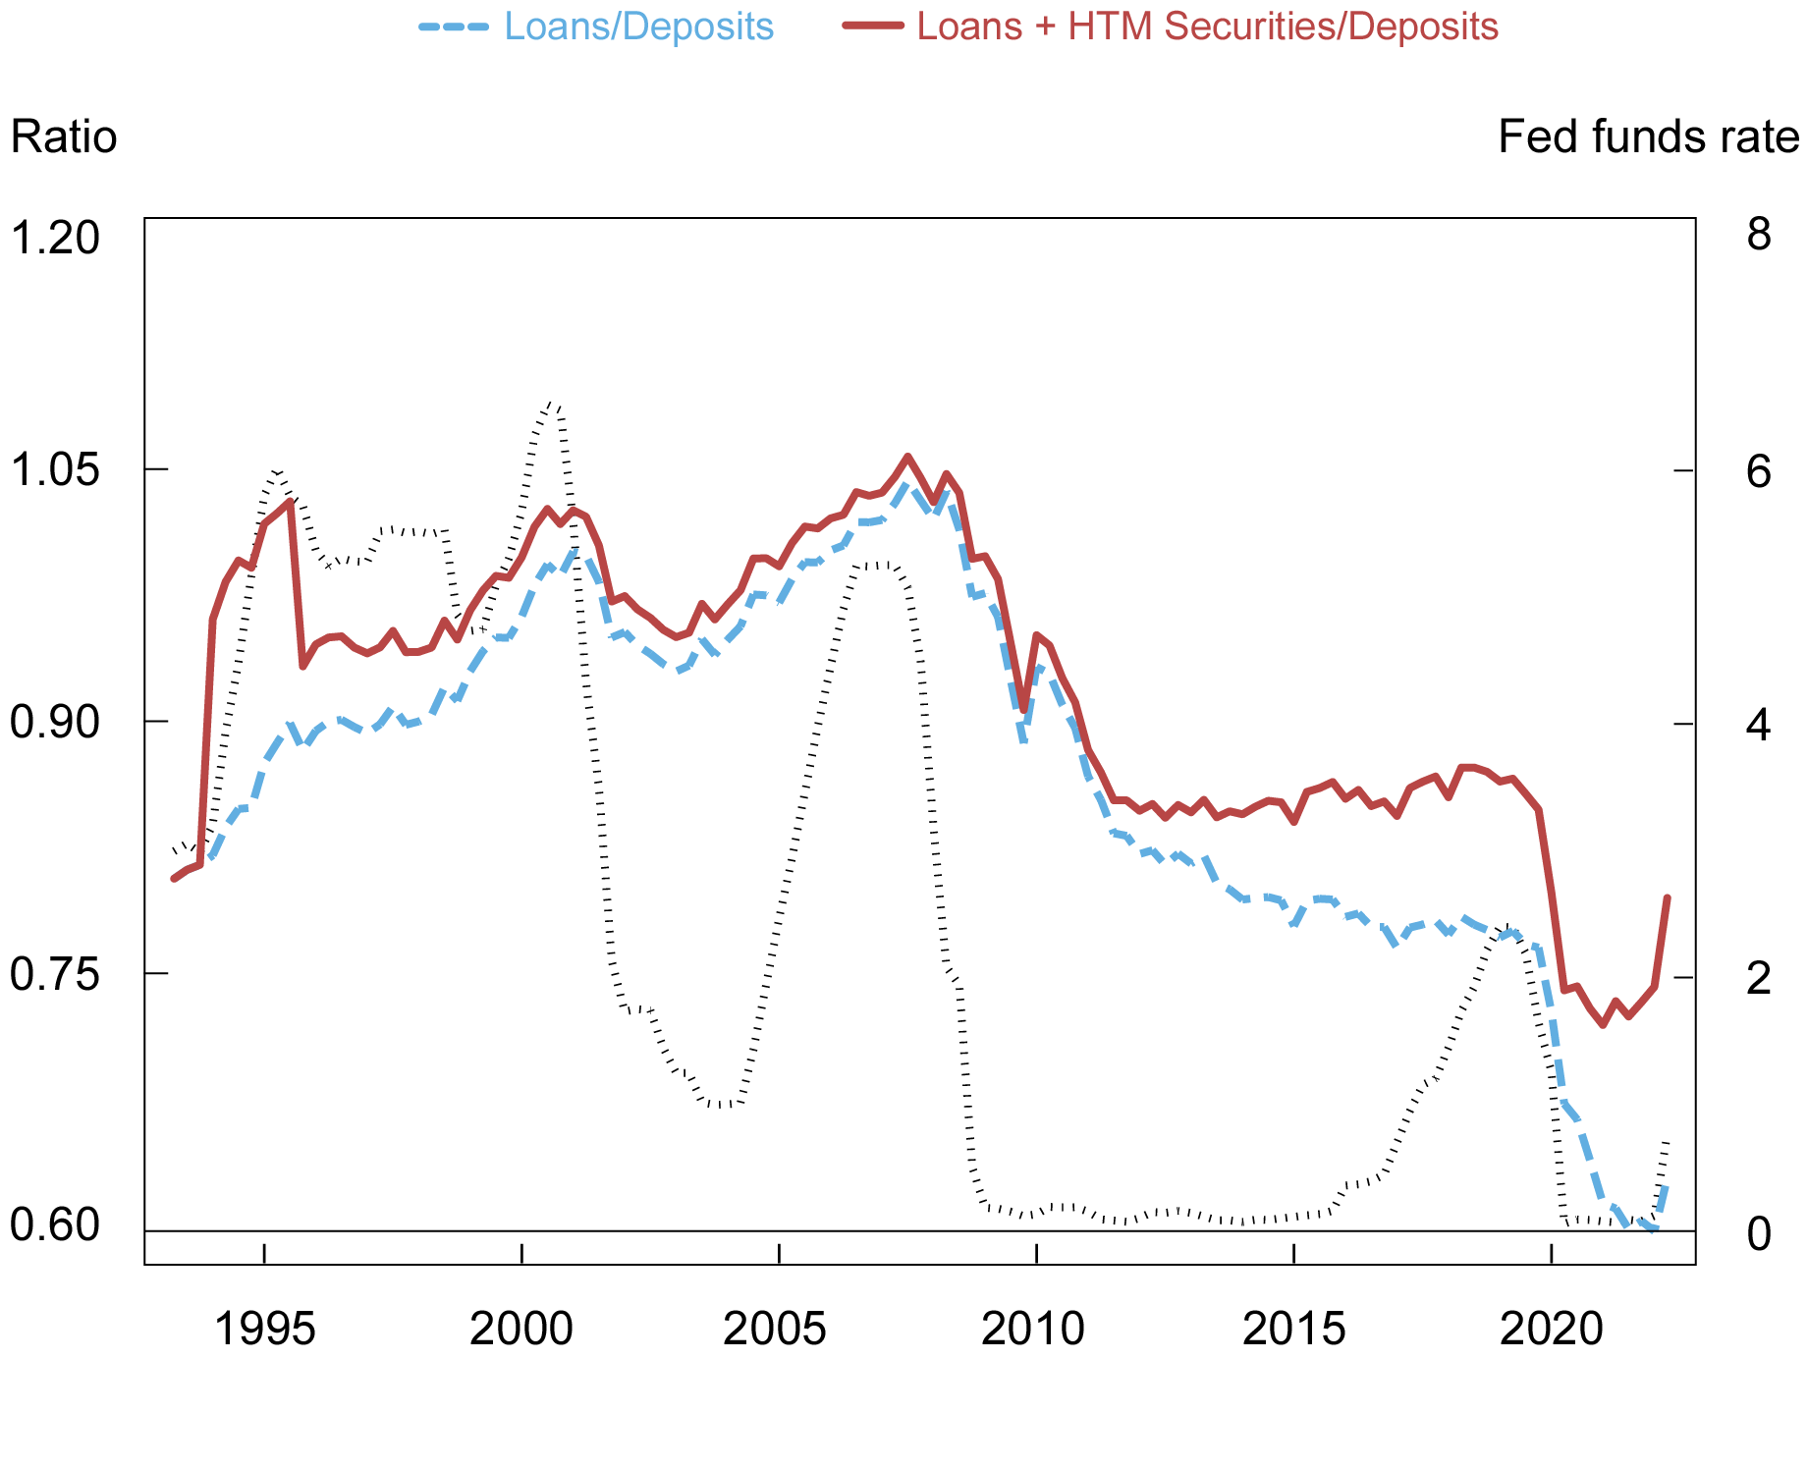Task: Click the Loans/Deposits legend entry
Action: click(638, 27)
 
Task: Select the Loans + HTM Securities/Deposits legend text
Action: click(1207, 27)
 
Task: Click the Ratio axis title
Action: click(64, 137)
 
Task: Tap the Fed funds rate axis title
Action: click(1648, 137)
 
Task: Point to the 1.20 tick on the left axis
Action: click(55, 238)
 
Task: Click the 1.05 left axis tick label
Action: click(55, 470)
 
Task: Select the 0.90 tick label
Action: click(55, 723)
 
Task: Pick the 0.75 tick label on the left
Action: click(55, 974)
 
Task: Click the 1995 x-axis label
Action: click(264, 1329)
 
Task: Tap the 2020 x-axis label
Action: click(1551, 1329)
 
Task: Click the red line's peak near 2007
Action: click(907, 456)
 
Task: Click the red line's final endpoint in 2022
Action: click(1668, 897)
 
